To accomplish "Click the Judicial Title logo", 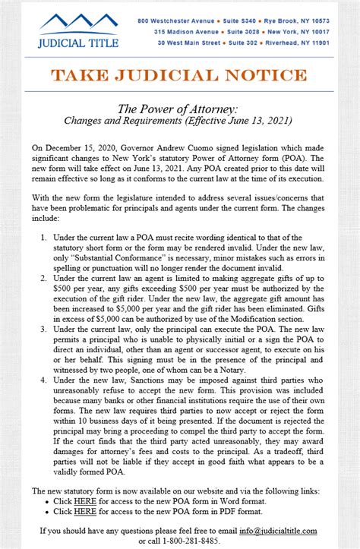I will tap(78, 30).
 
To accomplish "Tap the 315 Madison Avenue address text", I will tap(187, 32).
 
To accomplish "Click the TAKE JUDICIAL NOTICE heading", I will tap(179, 75).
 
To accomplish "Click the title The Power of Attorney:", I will tap(179, 109).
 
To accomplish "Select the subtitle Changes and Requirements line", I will tap(179, 120).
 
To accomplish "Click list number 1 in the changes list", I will tap(44, 238).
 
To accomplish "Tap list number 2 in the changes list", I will tap(44, 279).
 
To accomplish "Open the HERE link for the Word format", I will tap(84, 502).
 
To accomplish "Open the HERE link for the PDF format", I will tap(84, 513).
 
